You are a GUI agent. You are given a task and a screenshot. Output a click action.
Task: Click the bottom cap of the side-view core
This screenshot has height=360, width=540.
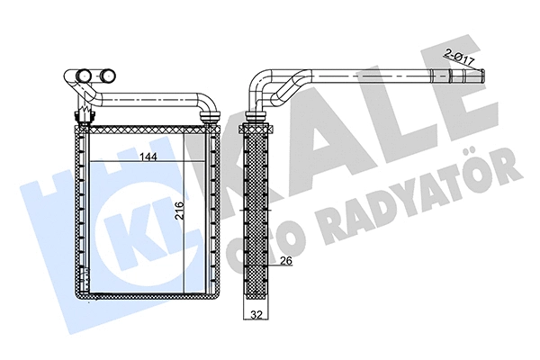(257, 296)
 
